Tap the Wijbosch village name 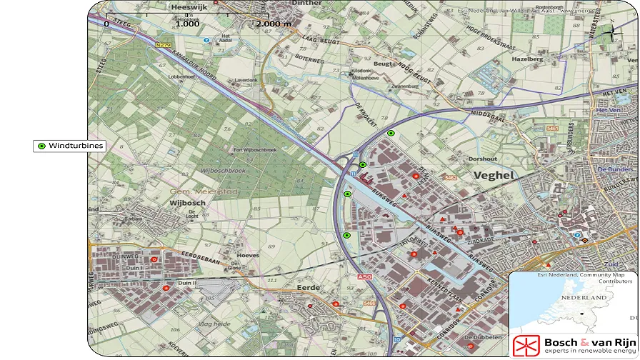point(187,203)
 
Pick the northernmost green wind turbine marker point(391,134)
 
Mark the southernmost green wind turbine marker point(346,235)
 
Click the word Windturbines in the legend point(76,146)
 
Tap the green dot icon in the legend point(41,146)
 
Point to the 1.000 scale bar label point(187,24)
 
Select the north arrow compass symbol point(612,29)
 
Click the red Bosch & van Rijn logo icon point(526,345)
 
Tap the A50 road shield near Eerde point(364,276)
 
